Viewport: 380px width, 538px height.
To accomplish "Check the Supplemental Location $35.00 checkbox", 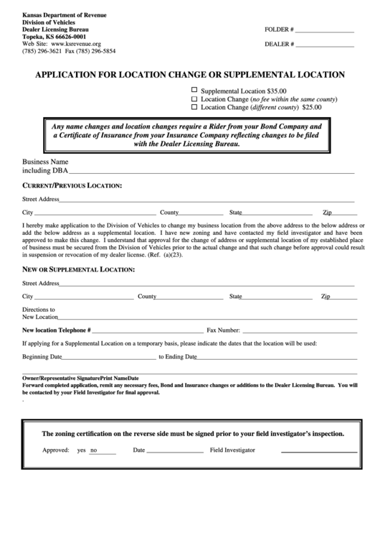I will (x=194, y=91).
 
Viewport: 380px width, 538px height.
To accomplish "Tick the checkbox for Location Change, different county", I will (x=194, y=106).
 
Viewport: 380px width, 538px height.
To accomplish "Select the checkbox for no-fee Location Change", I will (x=194, y=98).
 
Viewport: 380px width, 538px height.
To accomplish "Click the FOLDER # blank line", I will (x=324, y=32).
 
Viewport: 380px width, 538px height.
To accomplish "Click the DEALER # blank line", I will (x=326, y=46).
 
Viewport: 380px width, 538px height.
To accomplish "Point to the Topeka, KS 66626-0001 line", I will (x=54, y=37).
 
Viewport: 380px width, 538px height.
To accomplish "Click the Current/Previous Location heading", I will (x=72, y=186).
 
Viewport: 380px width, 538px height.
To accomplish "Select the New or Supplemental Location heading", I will (x=78, y=269).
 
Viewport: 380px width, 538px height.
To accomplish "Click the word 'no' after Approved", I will (x=94, y=450).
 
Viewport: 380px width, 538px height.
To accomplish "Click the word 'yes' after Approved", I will (x=81, y=450).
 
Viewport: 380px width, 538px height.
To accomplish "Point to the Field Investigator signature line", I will (x=318, y=450).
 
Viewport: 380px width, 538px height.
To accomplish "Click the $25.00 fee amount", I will (x=312, y=107).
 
